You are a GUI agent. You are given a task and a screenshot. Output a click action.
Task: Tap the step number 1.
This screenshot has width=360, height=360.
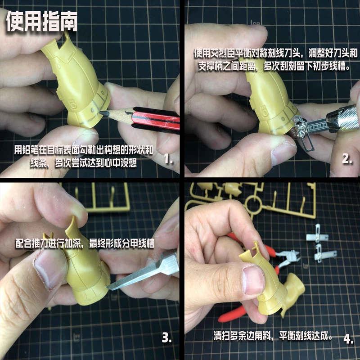click(x=168, y=158)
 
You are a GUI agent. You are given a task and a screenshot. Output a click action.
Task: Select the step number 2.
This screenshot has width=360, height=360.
click(x=346, y=158)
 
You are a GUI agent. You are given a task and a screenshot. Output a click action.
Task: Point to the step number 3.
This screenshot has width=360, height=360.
click(x=166, y=337)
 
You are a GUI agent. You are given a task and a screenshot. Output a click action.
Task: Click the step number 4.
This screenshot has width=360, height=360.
click(x=348, y=338)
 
